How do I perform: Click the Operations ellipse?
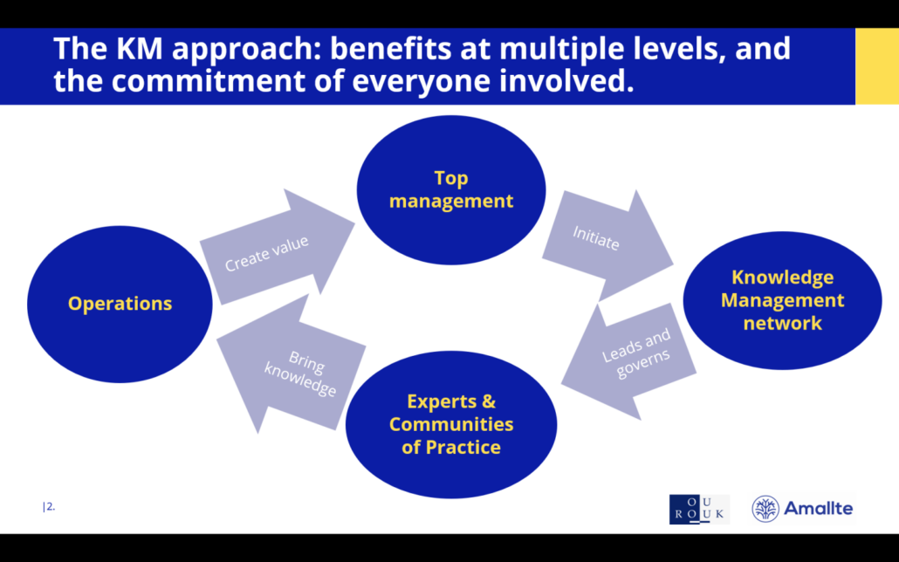[x=120, y=304]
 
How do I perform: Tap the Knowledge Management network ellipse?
[x=782, y=300]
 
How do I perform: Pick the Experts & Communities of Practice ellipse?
[x=451, y=424]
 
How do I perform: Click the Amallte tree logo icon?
[x=766, y=509]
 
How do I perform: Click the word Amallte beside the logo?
[x=819, y=509]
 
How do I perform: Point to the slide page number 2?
[x=50, y=506]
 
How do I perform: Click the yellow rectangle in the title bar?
[x=876, y=65]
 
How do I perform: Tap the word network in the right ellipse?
[x=782, y=323]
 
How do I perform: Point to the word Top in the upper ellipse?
[x=451, y=178]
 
